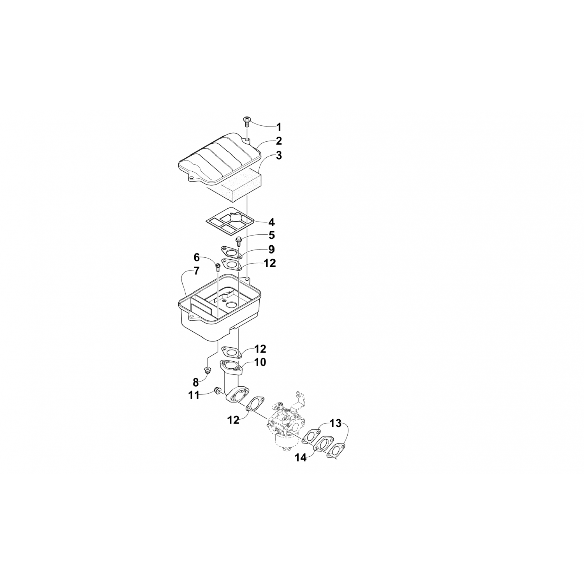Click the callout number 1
tap(278, 127)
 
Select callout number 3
tap(278, 155)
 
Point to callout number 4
tap(271, 222)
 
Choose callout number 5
tap(271, 235)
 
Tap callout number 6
tap(197, 257)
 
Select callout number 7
tap(197, 270)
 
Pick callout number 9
tap(271, 249)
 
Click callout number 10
tap(260, 362)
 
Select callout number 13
tap(335, 422)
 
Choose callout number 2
tap(279, 141)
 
